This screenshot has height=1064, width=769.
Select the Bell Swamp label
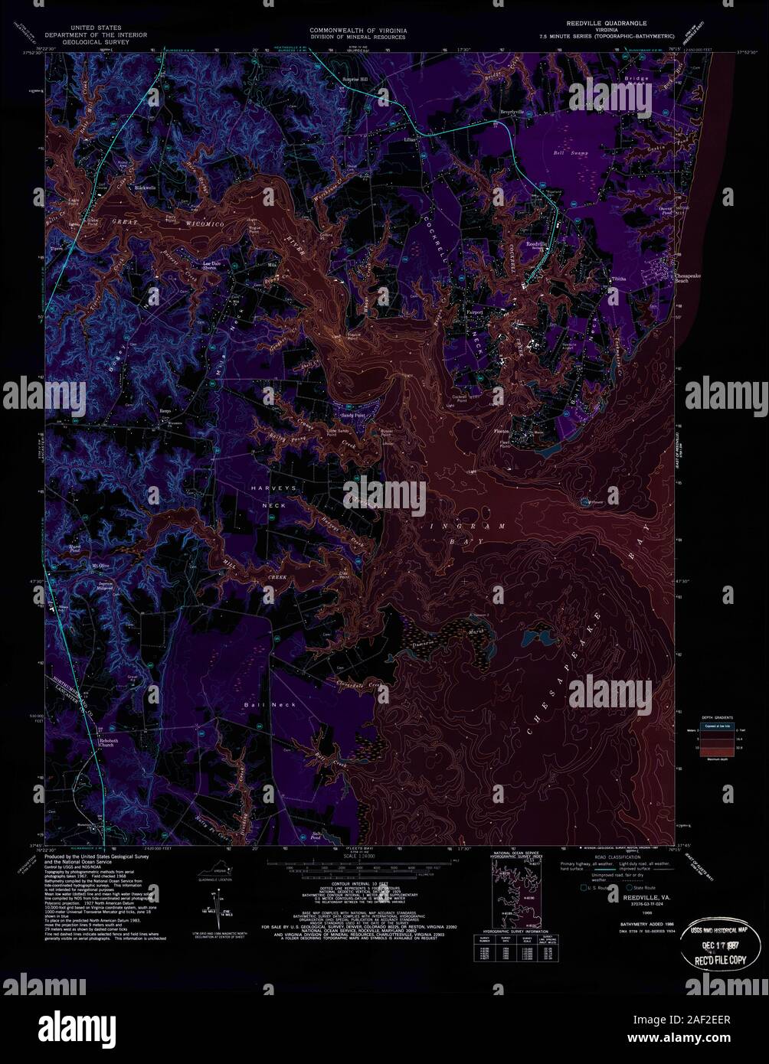[x=568, y=152]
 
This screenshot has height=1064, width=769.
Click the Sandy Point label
[x=353, y=415]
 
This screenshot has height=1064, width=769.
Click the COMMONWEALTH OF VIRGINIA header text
[x=358, y=30]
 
